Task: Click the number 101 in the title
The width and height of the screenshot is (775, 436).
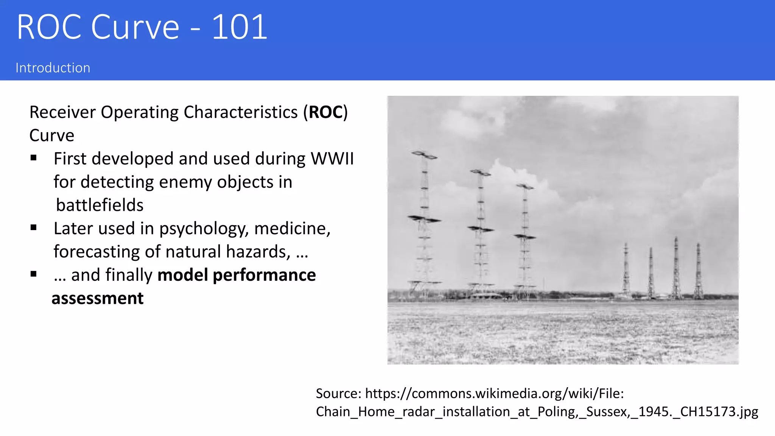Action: pos(239,27)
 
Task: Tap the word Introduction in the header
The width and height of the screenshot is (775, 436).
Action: pos(53,68)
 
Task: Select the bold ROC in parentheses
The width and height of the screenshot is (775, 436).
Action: pos(325,112)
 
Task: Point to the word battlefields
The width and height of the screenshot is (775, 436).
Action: pos(100,205)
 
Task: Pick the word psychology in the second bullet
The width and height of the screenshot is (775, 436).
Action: pos(204,229)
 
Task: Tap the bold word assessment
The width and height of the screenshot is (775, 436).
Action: pos(98,298)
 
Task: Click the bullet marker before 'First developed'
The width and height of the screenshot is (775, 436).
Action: pos(34,158)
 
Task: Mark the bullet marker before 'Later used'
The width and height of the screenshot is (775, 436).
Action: pos(34,227)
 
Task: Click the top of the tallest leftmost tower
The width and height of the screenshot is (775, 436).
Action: pos(424,154)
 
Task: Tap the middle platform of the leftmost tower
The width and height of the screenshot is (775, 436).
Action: pos(424,219)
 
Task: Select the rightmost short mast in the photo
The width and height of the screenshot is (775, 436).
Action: pos(698,271)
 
